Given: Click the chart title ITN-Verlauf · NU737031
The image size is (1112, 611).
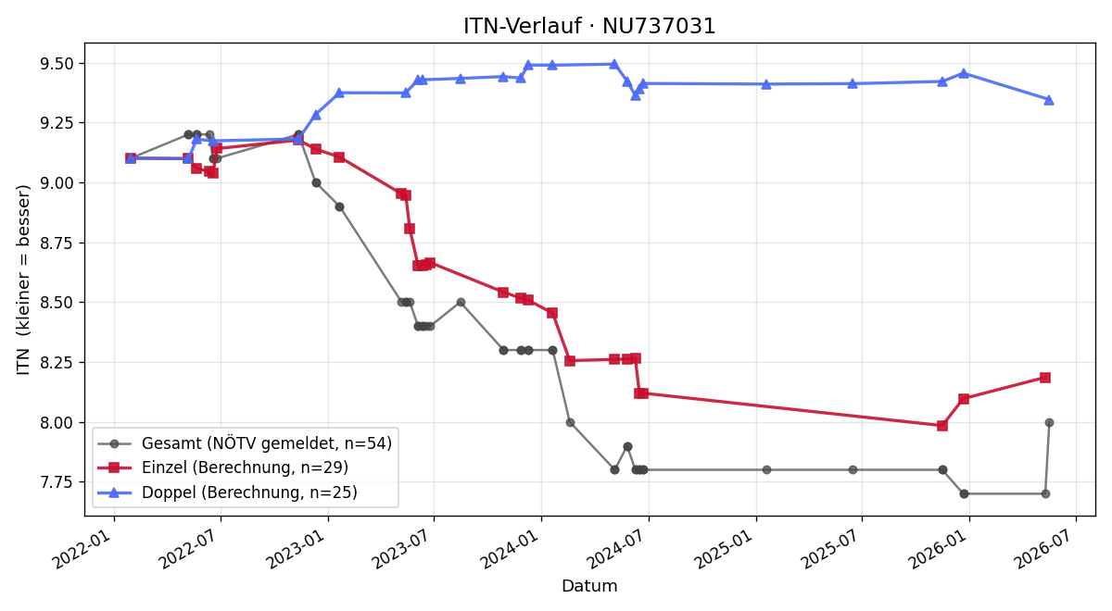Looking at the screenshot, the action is [589, 26].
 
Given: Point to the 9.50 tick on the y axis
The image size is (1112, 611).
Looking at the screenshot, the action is [57, 64].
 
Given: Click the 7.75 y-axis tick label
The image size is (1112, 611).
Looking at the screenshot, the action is [57, 482].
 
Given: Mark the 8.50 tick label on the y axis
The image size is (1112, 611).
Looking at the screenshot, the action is [57, 303].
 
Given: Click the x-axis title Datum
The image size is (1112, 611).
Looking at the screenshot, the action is [589, 586].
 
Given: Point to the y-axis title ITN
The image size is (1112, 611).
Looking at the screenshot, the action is [23, 362].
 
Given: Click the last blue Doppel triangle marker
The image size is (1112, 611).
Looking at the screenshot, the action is [1049, 100].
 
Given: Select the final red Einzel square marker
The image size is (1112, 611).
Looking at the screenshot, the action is [1045, 378].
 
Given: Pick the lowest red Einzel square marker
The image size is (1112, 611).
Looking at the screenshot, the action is [942, 426].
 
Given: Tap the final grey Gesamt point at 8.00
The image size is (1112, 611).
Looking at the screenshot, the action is [1049, 422].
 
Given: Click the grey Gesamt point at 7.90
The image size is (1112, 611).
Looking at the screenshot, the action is [627, 447].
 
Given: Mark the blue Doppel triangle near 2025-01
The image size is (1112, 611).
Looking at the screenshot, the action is [766, 84].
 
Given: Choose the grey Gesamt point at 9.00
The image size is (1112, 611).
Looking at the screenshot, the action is [316, 183].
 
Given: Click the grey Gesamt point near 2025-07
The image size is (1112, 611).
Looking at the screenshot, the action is [853, 469].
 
